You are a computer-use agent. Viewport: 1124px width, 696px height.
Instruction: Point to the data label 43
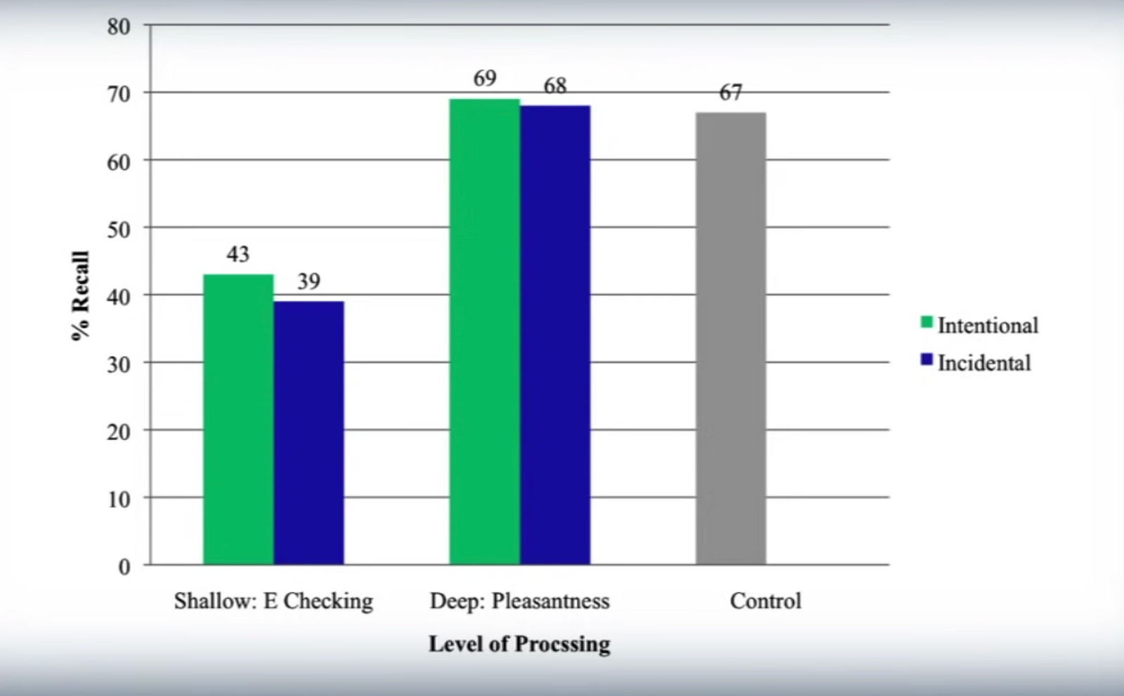click(x=238, y=254)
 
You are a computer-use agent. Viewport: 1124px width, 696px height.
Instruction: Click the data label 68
click(x=555, y=86)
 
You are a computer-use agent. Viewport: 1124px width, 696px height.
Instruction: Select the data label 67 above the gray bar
click(x=731, y=93)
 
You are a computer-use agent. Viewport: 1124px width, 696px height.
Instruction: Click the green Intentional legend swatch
click(x=927, y=323)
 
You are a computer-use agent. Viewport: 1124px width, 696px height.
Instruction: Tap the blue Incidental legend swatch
click(x=927, y=360)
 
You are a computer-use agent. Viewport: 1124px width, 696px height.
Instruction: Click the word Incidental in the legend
click(x=984, y=363)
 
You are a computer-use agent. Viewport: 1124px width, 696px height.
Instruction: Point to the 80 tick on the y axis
click(x=119, y=27)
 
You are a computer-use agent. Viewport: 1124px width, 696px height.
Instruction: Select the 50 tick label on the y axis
click(x=119, y=229)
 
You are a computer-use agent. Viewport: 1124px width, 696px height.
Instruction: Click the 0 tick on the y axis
click(x=124, y=566)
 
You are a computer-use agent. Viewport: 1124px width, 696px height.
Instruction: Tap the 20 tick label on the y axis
click(x=119, y=431)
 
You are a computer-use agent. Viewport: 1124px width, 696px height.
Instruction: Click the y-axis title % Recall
click(x=81, y=296)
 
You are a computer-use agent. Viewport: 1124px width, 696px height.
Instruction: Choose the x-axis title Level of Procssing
click(x=519, y=644)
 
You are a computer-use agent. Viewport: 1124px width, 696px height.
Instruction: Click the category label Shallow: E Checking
click(x=273, y=601)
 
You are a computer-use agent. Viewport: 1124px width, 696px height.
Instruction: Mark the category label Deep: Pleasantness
click(x=519, y=601)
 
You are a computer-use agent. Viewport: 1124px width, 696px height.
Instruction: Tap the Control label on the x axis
click(x=765, y=601)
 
